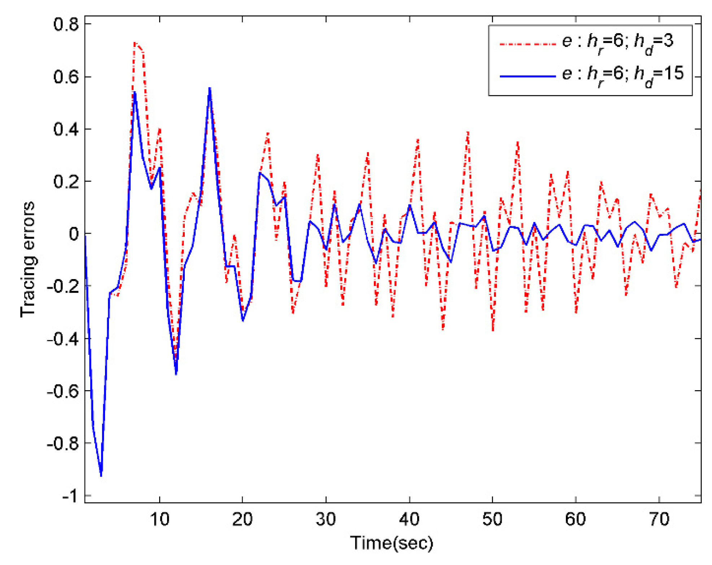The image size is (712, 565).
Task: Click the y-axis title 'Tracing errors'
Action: [x=28, y=259]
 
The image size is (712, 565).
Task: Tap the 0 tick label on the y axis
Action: [x=74, y=234]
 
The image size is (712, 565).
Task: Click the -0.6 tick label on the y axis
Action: [x=63, y=391]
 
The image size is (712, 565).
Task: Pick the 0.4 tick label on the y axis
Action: [x=66, y=129]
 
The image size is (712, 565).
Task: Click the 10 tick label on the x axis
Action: [x=159, y=519]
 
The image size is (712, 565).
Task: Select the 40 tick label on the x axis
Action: [x=409, y=519]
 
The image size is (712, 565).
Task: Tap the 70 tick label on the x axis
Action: [x=659, y=519]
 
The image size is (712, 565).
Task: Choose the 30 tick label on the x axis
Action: [x=326, y=519]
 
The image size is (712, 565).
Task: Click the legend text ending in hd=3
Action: [x=617, y=43]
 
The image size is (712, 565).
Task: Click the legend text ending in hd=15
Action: [x=623, y=75]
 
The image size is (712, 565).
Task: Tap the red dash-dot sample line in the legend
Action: [x=527, y=44]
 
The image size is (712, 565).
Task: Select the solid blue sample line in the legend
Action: [x=527, y=76]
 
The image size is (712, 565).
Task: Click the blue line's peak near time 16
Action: [x=210, y=88]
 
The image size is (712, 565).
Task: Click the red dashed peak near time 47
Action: [x=468, y=133]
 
